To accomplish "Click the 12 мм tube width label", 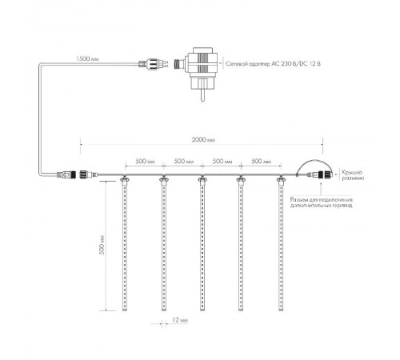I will (180, 320).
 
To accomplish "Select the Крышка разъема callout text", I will (353, 174).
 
